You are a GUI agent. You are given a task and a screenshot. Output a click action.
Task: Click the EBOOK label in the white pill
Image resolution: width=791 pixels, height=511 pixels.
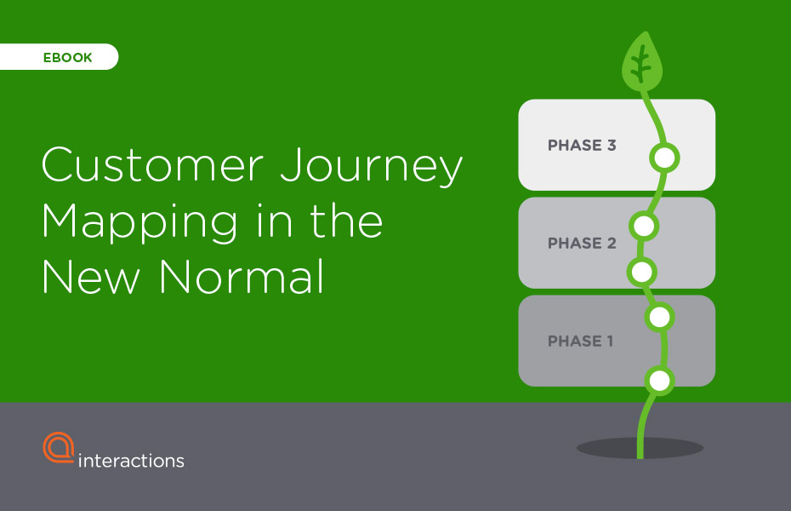coord(67,58)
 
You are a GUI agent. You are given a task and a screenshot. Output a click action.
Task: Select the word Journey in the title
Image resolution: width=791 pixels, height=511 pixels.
coord(372,167)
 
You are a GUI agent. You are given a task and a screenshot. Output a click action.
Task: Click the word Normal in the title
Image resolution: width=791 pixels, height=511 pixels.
coord(242,276)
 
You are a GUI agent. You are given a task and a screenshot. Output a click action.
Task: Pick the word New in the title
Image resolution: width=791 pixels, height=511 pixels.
coord(91,276)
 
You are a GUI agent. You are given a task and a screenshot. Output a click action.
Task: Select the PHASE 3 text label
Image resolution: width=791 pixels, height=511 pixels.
coord(582,146)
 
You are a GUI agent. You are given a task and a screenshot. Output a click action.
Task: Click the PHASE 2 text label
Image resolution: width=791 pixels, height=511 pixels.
coord(582,244)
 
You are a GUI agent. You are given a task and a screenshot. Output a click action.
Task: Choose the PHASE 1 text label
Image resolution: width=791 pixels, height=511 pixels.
coord(580,342)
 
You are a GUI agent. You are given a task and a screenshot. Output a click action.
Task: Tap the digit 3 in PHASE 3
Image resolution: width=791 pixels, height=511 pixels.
coord(612,146)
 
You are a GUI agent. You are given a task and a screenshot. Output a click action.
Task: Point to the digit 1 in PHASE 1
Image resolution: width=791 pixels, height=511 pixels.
coord(610,342)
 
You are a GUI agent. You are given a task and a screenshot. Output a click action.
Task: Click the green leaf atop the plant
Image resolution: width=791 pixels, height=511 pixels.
coord(641,62)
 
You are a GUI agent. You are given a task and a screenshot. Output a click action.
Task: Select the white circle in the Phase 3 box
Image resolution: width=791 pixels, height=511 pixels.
coord(664,158)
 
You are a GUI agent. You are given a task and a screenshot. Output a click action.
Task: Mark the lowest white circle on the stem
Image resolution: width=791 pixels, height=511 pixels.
coord(659,381)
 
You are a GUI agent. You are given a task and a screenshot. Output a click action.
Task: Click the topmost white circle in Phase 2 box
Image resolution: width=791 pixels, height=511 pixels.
coord(644,226)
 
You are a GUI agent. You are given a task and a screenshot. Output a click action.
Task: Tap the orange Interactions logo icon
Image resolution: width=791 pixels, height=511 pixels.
coord(59,447)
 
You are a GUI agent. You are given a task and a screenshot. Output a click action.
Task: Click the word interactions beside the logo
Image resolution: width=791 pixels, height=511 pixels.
coord(131,461)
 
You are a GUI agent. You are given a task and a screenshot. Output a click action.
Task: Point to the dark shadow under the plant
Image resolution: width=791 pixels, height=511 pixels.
coord(640,448)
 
